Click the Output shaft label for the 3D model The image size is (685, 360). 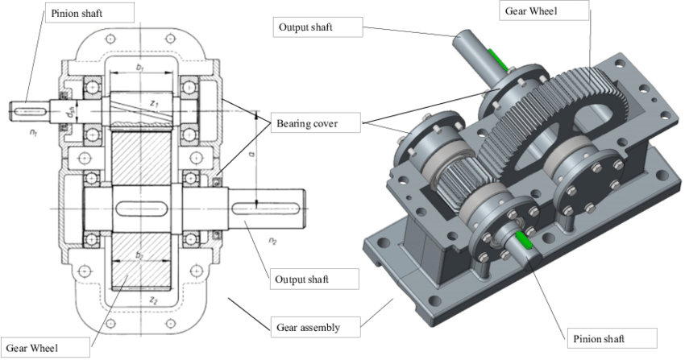pos(305,27)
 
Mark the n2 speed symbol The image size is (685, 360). pos(273,239)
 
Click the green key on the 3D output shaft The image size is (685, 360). pos(500,61)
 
